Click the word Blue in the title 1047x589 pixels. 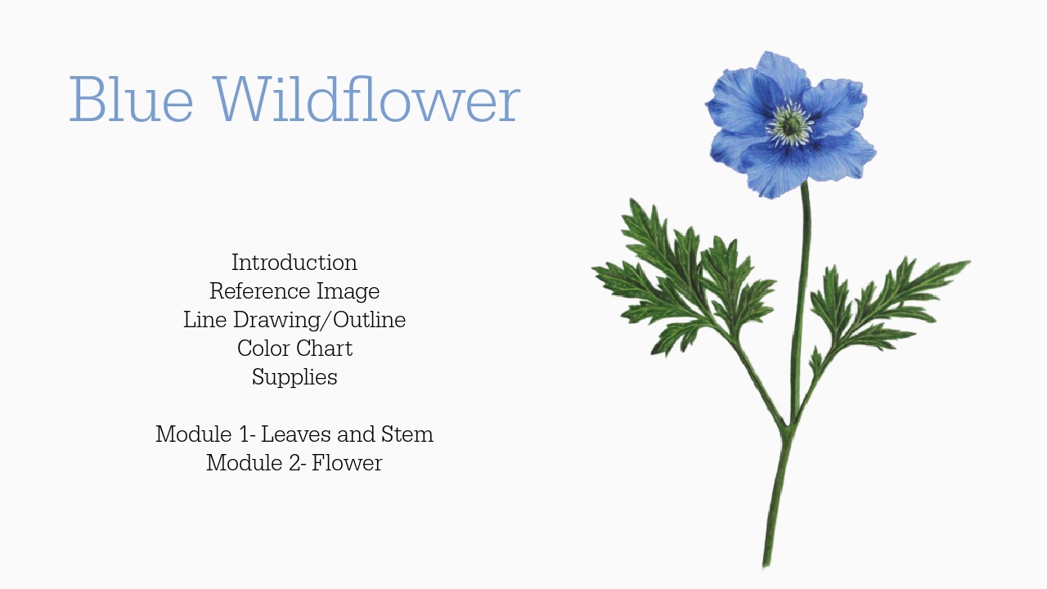(131, 100)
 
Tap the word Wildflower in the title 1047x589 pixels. (370, 100)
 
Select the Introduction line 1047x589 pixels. (294, 263)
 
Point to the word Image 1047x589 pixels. (353, 291)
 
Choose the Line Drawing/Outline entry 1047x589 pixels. (294, 320)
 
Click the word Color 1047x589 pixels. (261, 348)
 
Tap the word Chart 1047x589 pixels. (326, 348)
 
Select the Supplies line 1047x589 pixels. (294, 377)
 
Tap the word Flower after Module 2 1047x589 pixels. (347, 463)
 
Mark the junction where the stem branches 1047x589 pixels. (789, 428)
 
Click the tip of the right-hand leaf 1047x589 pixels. (968, 263)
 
